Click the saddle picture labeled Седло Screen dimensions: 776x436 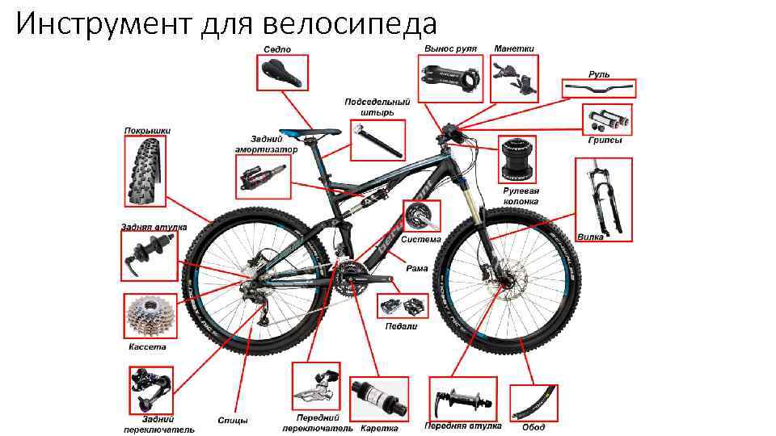click(x=282, y=73)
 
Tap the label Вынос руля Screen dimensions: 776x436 click(x=450, y=48)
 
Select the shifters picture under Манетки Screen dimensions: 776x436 click(x=514, y=78)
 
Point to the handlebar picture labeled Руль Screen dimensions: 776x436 click(x=599, y=89)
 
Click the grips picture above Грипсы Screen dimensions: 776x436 click(x=607, y=119)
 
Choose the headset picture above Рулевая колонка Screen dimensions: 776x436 click(x=517, y=159)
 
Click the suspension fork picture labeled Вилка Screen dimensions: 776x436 click(x=604, y=199)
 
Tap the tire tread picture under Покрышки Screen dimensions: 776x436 click(x=145, y=171)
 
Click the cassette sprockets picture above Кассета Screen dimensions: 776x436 click(x=150, y=317)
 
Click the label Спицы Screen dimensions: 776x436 click(x=233, y=421)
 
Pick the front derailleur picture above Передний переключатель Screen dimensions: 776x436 click(x=316, y=387)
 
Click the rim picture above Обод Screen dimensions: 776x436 click(x=533, y=403)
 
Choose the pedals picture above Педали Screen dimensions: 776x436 click(x=403, y=306)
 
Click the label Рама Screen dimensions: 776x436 click(x=417, y=268)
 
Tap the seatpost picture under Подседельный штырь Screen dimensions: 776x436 click(x=377, y=140)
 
